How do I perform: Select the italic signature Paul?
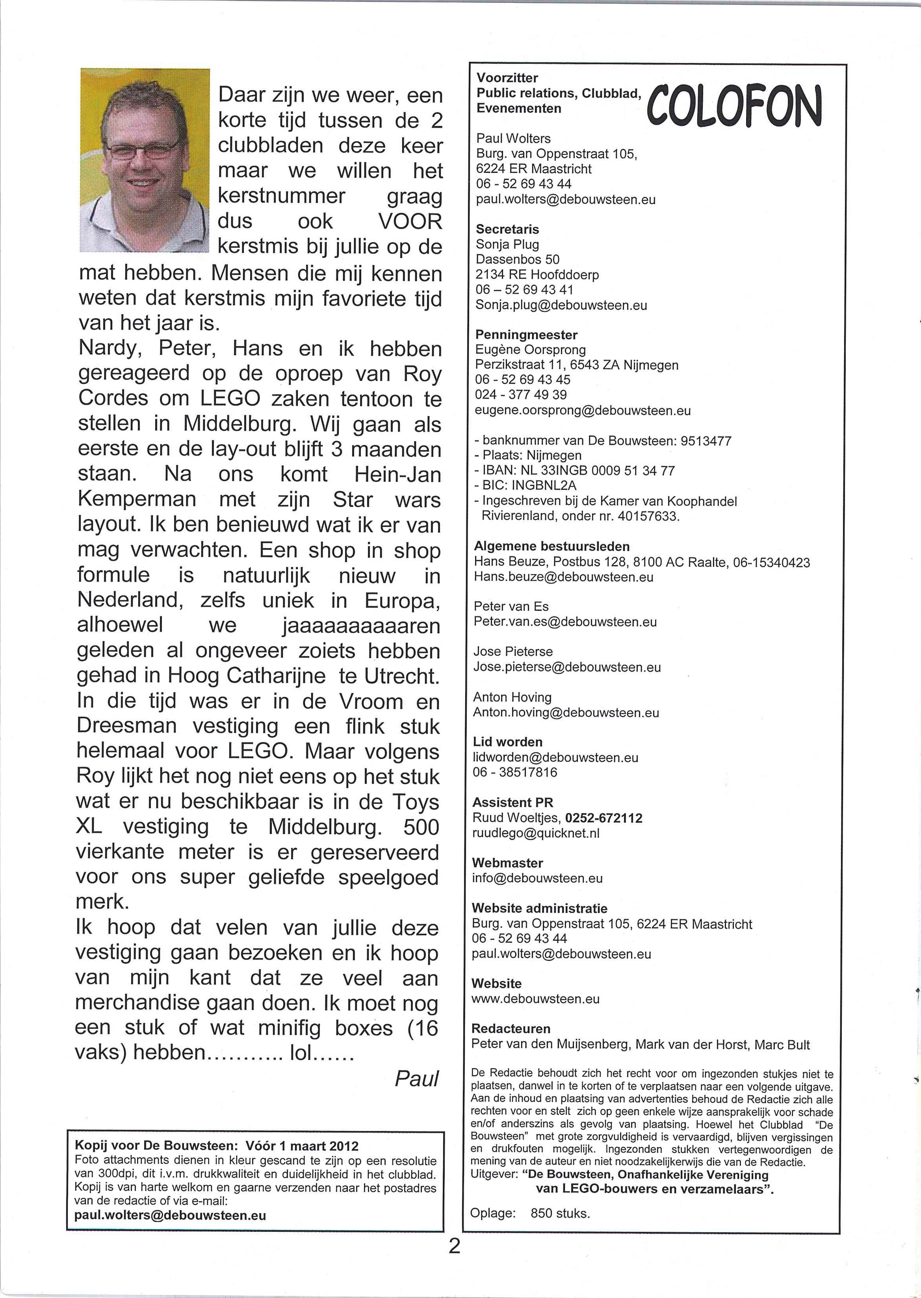(417, 1079)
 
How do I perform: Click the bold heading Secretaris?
(507, 230)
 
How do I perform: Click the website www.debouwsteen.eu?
(535, 999)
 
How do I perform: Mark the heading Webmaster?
(507, 863)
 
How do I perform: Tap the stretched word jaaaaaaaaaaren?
(361, 626)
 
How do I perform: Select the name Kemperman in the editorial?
(137, 499)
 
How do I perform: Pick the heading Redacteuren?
(511, 1029)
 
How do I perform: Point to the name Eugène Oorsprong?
(530, 350)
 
